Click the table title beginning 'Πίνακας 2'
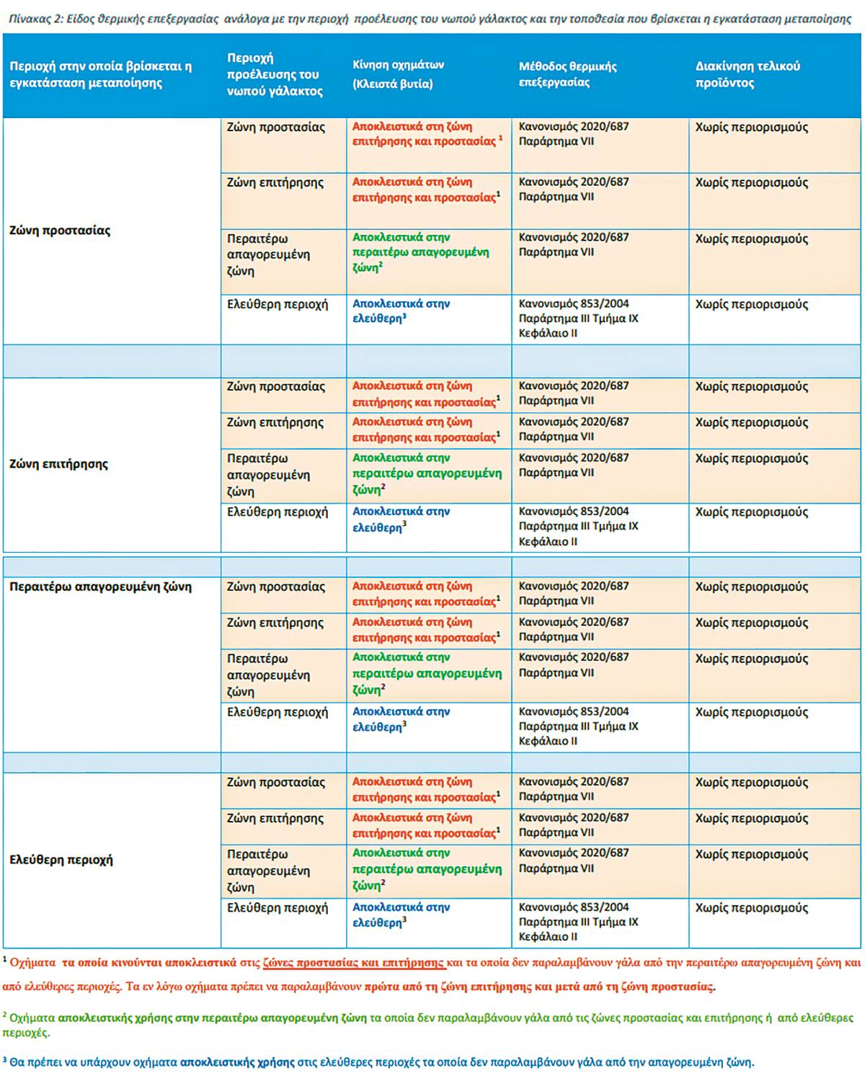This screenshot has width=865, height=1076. pos(430,19)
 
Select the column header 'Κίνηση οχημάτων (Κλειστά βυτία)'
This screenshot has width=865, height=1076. pos(398,74)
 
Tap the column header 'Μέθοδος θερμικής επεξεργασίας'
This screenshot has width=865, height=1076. pos(567,74)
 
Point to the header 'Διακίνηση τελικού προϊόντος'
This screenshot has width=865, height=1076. pos(748,74)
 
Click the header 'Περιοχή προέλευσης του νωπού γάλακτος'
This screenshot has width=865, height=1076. pos(275,74)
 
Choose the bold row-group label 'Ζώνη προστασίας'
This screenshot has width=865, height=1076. pos(60,231)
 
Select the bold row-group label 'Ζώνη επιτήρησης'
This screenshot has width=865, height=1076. pos(58,464)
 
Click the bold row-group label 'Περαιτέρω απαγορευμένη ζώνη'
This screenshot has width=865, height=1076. pos(100,587)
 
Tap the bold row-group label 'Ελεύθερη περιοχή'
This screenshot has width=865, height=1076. pos(61,860)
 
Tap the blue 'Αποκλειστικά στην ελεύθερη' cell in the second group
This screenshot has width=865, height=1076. pos(401,520)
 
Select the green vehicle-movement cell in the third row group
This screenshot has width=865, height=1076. pos(427,674)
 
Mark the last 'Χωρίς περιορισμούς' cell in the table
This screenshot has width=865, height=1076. pos(751,908)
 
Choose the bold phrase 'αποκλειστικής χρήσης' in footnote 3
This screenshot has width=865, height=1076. pos(237,1062)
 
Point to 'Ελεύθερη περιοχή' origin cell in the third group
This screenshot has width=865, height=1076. pos(278,712)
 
